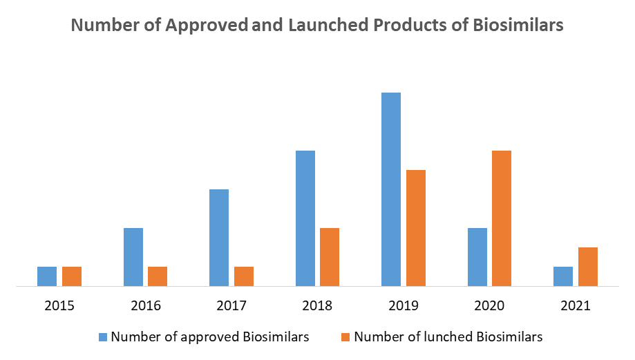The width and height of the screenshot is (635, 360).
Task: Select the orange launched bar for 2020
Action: [x=502, y=218]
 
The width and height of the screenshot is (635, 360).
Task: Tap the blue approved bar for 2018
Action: [x=305, y=218]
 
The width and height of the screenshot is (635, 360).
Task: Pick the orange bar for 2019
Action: [x=416, y=227]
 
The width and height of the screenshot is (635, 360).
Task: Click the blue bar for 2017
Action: [x=219, y=237]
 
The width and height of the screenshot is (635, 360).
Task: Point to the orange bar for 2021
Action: [x=588, y=266]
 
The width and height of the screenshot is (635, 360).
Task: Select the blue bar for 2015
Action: [x=47, y=276]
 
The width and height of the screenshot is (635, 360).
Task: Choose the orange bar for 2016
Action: [x=158, y=276]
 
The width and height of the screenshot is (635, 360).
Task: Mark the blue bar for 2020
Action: [x=477, y=256]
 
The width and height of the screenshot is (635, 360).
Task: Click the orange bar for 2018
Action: [x=330, y=256]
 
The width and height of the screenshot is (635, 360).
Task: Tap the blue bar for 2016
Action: [x=133, y=256]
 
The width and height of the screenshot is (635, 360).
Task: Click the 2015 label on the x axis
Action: [x=59, y=305]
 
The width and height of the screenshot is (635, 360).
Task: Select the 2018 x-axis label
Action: [x=317, y=305]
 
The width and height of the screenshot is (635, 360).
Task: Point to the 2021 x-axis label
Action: [x=576, y=305]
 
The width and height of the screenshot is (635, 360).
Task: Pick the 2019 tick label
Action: [x=404, y=305]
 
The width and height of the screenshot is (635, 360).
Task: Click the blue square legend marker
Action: [x=103, y=337]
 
